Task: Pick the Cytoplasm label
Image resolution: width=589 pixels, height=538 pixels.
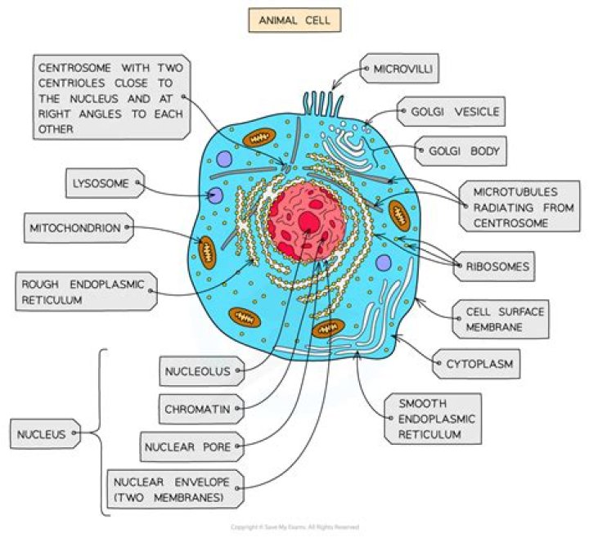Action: click(x=480, y=364)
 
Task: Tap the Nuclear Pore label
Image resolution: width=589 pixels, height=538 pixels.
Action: click(x=187, y=447)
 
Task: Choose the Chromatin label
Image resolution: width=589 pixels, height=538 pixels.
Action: click(x=196, y=408)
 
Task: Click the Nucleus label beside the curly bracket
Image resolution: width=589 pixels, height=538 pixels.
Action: click(x=45, y=434)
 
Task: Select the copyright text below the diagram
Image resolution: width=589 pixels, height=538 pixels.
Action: click(x=294, y=527)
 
